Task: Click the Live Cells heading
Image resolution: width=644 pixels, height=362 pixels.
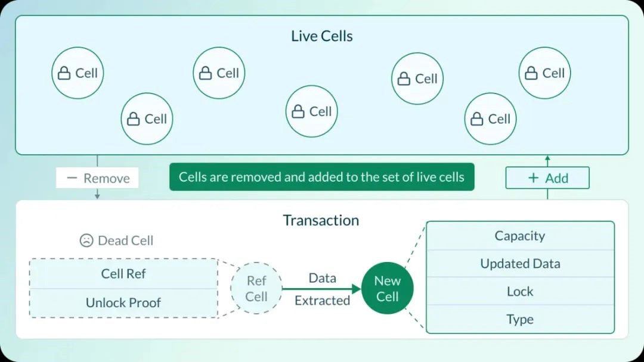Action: [x=321, y=36]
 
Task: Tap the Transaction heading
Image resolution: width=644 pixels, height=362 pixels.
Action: [x=321, y=220]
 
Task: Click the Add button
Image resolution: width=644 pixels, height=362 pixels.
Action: [x=547, y=178]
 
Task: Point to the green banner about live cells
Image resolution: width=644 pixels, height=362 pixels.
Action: [x=321, y=177]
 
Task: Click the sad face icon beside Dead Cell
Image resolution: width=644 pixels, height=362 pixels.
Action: [x=86, y=241]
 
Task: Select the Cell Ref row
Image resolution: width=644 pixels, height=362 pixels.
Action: [x=123, y=274]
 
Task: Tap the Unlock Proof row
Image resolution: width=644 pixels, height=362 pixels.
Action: [x=123, y=302]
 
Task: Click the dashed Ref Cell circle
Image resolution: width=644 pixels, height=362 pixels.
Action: [x=256, y=289]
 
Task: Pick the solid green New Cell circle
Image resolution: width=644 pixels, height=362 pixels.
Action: [x=387, y=289]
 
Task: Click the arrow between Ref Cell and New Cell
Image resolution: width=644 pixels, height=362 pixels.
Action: [x=322, y=289]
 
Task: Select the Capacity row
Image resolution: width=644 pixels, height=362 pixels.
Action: [x=520, y=236]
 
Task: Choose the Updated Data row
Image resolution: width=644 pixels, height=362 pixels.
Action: [x=520, y=264]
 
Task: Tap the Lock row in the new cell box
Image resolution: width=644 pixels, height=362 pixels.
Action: [x=520, y=291]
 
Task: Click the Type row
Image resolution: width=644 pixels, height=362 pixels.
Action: [x=520, y=319]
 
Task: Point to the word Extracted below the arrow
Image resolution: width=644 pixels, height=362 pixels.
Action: [x=322, y=301]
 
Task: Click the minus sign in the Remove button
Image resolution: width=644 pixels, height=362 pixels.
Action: [x=72, y=178]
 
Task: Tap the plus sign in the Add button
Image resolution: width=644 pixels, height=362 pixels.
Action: [x=533, y=178]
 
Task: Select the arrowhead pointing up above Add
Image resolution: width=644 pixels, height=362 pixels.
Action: [x=547, y=158]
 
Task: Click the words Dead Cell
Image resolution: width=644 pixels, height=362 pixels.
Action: [x=125, y=241]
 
